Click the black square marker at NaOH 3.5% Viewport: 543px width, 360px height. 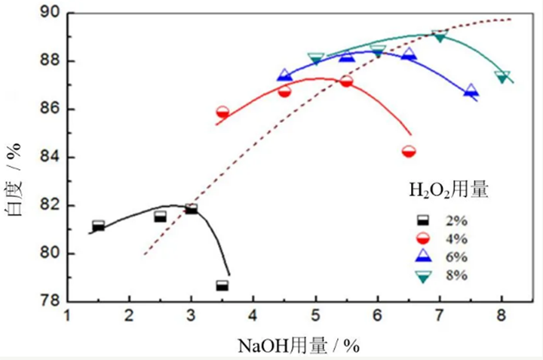(x=222, y=285)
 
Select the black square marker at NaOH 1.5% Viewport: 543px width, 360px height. (x=98, y=226)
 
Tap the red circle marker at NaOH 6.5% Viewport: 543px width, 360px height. (x=409, y=151)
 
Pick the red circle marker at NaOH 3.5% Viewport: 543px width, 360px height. (x=222, y=112)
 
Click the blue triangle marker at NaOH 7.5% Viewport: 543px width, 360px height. (x=471, y=91)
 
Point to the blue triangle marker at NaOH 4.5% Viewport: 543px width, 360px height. (x=284, y=75)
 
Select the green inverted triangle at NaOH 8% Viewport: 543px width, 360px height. (x=502, y=76)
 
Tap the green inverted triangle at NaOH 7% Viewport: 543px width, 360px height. (x=440, y=35)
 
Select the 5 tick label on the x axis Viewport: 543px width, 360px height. (x=315, y=317)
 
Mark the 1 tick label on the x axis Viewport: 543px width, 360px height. (x=68, y=317)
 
